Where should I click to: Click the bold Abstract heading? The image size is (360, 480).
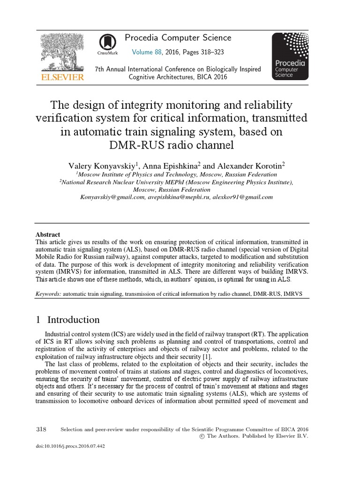[48, 235]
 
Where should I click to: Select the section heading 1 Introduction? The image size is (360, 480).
[68, 320]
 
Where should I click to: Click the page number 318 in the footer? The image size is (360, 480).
[41, 429]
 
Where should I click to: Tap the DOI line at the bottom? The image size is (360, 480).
[70, 446]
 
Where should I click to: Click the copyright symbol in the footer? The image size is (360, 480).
[202, 436]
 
